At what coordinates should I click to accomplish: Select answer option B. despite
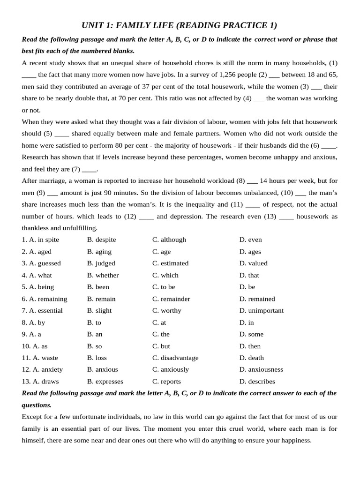tap(102, 240)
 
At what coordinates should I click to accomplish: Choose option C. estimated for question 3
tap(170, 263)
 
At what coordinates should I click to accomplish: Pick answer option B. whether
tap(103, 275)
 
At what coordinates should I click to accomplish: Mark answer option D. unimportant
tap(261, 310)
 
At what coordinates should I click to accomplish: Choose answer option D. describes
tap(257, 382)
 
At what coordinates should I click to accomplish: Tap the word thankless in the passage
tap(36, 228)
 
